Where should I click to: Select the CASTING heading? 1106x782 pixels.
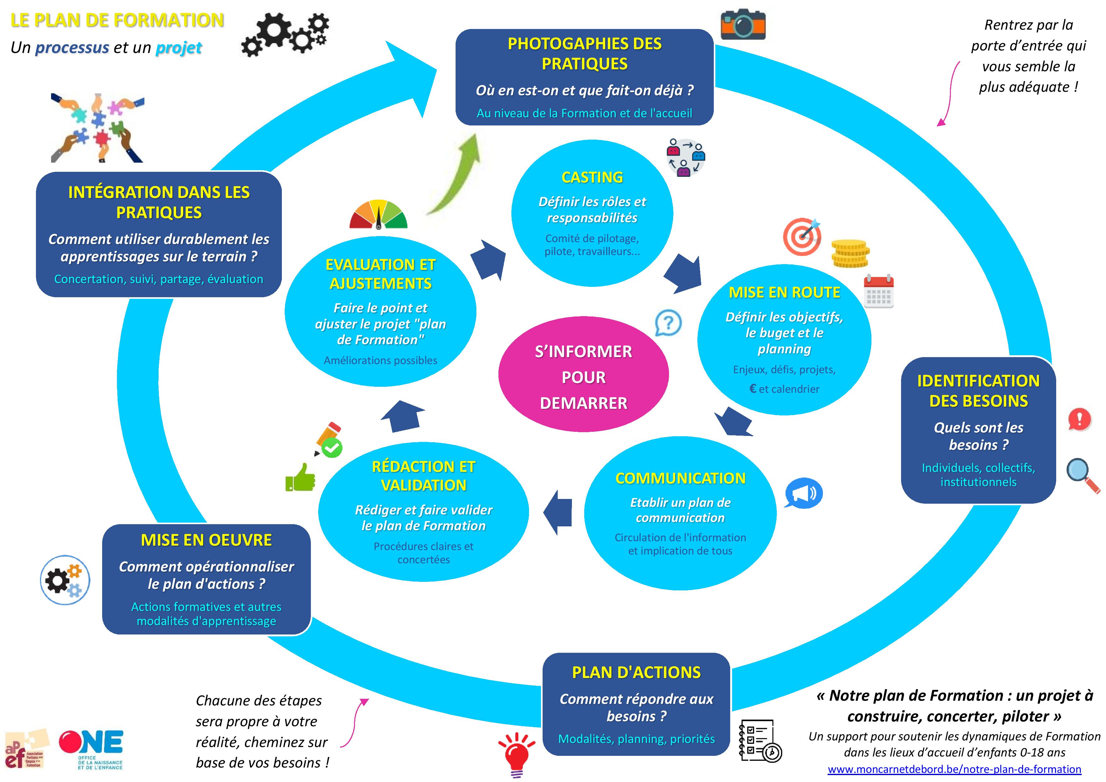(592, 177)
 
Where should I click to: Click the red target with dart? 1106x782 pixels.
(802, 236)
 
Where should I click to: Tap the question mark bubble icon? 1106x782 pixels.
(668, 323)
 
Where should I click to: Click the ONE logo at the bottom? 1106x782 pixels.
(91, 749)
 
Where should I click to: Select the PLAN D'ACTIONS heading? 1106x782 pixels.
(636, 672)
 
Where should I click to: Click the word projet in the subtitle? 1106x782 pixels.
(179, 48)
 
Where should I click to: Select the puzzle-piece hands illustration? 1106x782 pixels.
(97, 128)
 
